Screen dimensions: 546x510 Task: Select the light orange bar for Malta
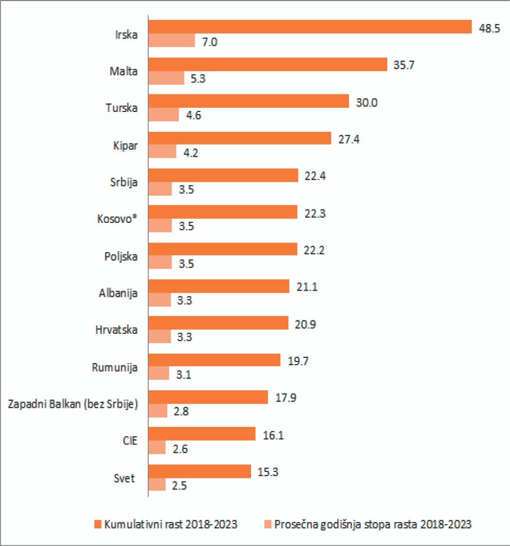(166, 78)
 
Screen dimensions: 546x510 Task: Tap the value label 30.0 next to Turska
(367, 102)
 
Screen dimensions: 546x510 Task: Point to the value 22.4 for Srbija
(315, 176)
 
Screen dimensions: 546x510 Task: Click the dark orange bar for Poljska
(223, 249)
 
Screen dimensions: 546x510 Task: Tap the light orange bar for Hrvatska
(159, 336)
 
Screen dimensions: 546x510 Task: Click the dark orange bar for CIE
(202, 434)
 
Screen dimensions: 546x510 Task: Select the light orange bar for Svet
(157, 485)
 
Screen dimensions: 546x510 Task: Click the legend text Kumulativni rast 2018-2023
(171, 524)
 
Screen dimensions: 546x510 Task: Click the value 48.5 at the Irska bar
(489, 29)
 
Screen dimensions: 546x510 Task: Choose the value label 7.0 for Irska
(209, 42)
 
